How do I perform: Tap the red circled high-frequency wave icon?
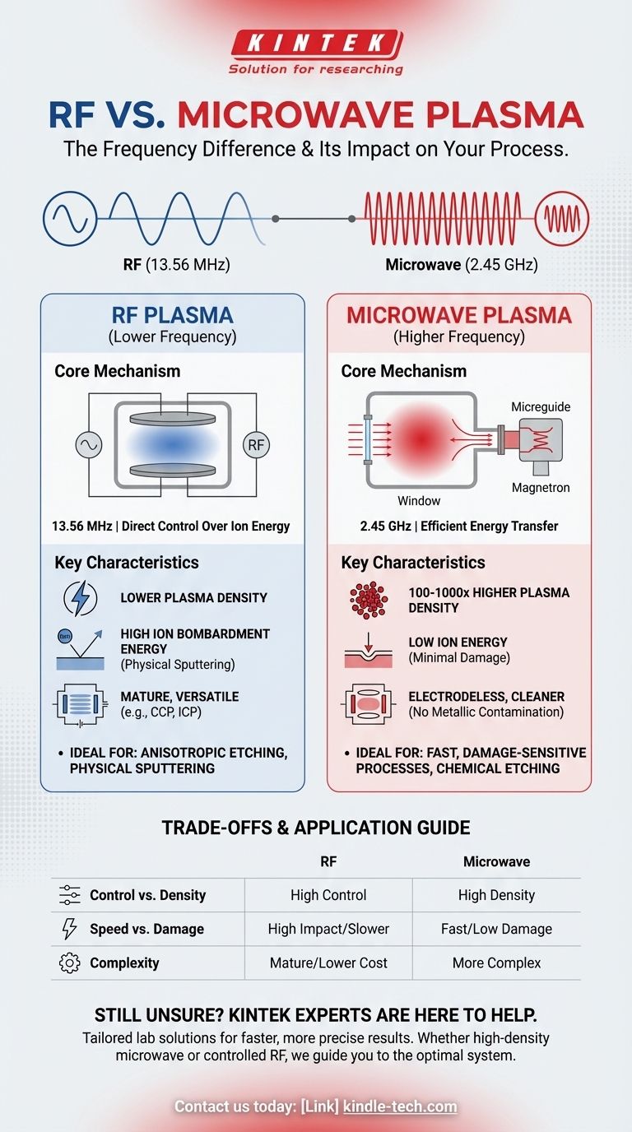tap(562, 219)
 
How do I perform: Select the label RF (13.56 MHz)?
tap(172, 265)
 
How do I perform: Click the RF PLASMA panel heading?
tap(172, 314)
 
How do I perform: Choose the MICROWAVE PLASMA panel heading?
tap(458, 314)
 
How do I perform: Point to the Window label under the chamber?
tap(419, 500)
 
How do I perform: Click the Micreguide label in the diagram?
tap(540, 407)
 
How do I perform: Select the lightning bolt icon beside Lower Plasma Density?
tap(80, 598)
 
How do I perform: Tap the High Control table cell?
tap(328, 895)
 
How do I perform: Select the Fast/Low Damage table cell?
tap(496, 929)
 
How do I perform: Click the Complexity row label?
tap(124, 963)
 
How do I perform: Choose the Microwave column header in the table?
tap(496, 861)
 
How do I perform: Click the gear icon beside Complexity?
tap(70, 963)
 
